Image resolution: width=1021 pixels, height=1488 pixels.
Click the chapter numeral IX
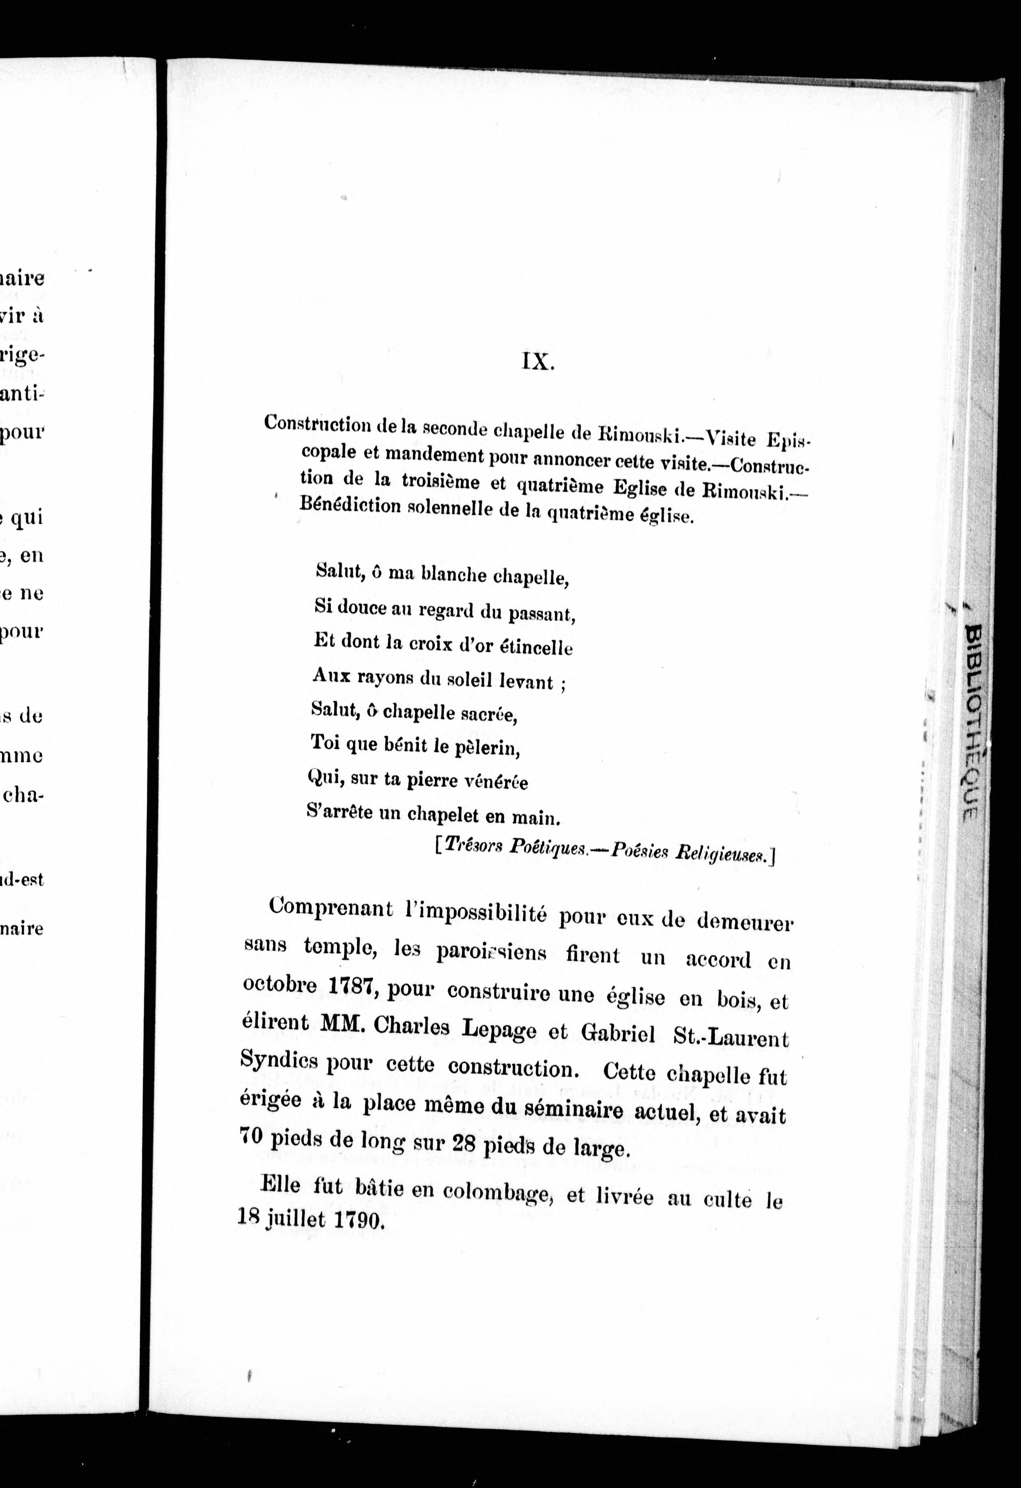[537, 363]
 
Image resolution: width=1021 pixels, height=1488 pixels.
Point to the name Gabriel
[618, 1032]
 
